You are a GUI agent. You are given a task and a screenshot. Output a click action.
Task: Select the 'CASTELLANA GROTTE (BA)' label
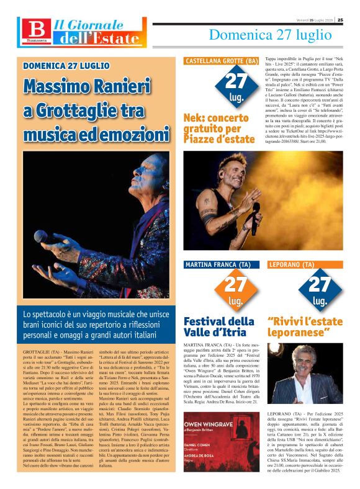pos(222,61)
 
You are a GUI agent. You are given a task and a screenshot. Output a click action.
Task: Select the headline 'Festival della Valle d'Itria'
pos(219,327)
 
